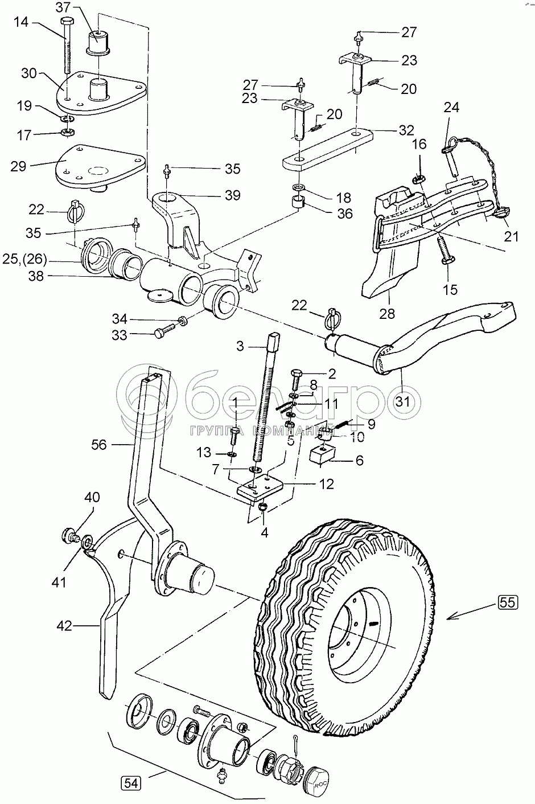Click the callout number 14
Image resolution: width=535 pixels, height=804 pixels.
pos(21,23)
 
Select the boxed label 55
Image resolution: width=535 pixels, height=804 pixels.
pos(508,602)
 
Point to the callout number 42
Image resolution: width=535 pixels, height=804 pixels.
pos(64,626)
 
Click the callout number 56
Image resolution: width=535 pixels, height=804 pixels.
pos(99,445)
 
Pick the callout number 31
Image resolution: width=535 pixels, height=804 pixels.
pos(403,401)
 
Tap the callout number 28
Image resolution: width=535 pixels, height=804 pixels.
pos(386,314)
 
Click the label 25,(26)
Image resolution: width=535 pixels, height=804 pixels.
pos(25,259)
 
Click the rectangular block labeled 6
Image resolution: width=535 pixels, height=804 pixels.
pos(323,456)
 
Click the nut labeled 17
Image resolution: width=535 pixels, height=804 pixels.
pos(65,132)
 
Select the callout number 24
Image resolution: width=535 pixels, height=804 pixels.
pos(451,107)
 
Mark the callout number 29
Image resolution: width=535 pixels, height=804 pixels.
pos(19,166)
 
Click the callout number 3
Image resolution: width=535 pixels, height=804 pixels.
pos(240,346)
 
